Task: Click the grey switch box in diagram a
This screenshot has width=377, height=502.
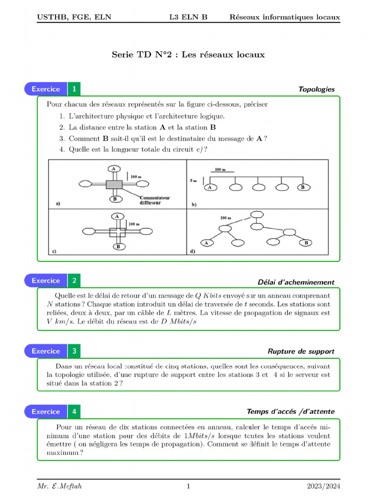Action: click(114, 184)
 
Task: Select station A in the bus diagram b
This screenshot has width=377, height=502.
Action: click(211, 187)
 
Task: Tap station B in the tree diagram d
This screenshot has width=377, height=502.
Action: click(306, 243)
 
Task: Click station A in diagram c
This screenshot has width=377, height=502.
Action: click(117, 216)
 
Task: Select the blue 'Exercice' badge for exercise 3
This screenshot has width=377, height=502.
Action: click(46, 351)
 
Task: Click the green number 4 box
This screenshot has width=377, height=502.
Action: click(74, 412)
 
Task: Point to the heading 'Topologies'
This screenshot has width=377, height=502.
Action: click(316, 89)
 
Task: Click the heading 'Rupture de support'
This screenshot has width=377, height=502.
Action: click(301, 351)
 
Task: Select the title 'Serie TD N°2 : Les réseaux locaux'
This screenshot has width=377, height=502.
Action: click(188, 54)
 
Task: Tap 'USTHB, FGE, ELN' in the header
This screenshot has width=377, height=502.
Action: click(74, 17)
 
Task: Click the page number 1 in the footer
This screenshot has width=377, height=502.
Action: click(188, 486)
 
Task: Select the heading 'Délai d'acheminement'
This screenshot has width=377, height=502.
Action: click(296, 282)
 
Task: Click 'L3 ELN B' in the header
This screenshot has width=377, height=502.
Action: click(188, 17)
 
